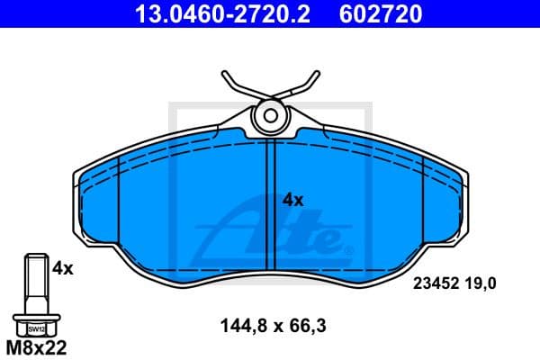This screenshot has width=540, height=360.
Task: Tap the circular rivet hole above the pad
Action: (269, 114)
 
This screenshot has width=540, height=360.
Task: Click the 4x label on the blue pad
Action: (293, 200)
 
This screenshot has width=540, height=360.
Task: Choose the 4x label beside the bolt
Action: (62, 267)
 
